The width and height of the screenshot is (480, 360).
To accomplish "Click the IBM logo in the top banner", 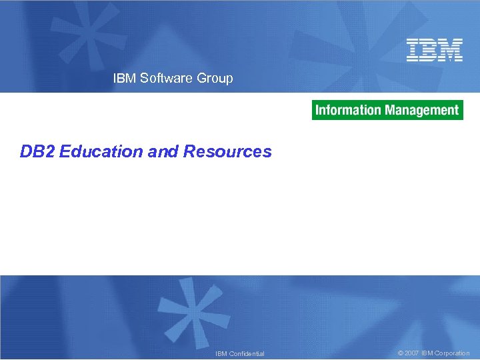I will click(x=435, y=50).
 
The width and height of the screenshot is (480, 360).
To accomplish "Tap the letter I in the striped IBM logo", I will click(x=413, y=50).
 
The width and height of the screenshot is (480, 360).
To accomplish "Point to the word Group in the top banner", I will click(x=215, y=78).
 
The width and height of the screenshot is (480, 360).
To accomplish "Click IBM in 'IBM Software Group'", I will click(x=124, y=78).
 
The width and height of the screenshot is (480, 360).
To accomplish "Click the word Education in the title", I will click(x=101, y=151).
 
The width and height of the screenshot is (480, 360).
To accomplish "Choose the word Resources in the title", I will click(x=227, y=151).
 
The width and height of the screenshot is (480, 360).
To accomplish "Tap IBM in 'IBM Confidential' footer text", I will click(x=221, y=353).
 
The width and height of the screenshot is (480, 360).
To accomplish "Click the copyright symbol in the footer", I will click(x=400, y=353).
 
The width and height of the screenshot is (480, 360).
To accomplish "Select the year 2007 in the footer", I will click(x=411, y=353).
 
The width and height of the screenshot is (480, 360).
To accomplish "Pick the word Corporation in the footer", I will click(x=452, y=353).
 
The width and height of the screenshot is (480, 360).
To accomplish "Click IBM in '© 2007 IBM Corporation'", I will click(x=427, y=353).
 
